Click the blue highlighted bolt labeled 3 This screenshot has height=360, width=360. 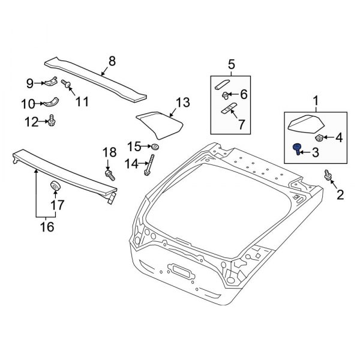[x=297, y=149]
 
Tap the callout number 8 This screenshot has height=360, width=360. [x=110, y=61]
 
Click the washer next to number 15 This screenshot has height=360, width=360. [x=155, y=147]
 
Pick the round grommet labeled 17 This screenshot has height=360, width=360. [x=55, y=187]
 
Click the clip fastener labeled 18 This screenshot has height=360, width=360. [x=110, y=175]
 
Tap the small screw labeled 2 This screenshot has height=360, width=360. [x=327, y=175]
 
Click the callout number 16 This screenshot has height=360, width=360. [x=46, y=227]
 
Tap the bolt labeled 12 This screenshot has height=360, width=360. [x=52, y=121]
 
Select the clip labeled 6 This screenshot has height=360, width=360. [x=226, y=94]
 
